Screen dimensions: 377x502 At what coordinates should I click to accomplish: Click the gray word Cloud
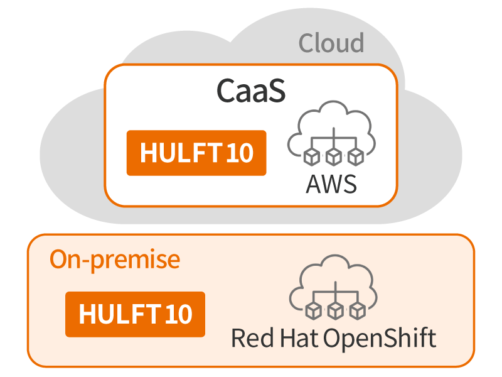(x=331, y=43)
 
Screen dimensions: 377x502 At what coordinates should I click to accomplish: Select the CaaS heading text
(x=251, y=91)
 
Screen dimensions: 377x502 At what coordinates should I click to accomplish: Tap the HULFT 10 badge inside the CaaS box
(x=196, y=153)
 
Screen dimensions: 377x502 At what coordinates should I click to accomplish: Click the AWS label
(x=331, y=184)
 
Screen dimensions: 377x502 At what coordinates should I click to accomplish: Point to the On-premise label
(x=115, y=259)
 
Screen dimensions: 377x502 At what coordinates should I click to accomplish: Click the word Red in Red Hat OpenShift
(x=249, y=338)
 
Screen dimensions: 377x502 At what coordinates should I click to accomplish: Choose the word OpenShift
(x=380, y=338)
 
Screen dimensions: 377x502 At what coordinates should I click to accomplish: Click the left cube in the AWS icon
(x=310, y=156)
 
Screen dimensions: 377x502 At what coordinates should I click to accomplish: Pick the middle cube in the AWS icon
(x=333, y=156)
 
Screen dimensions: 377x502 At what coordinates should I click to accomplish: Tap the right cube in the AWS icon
(x=356, y=156)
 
